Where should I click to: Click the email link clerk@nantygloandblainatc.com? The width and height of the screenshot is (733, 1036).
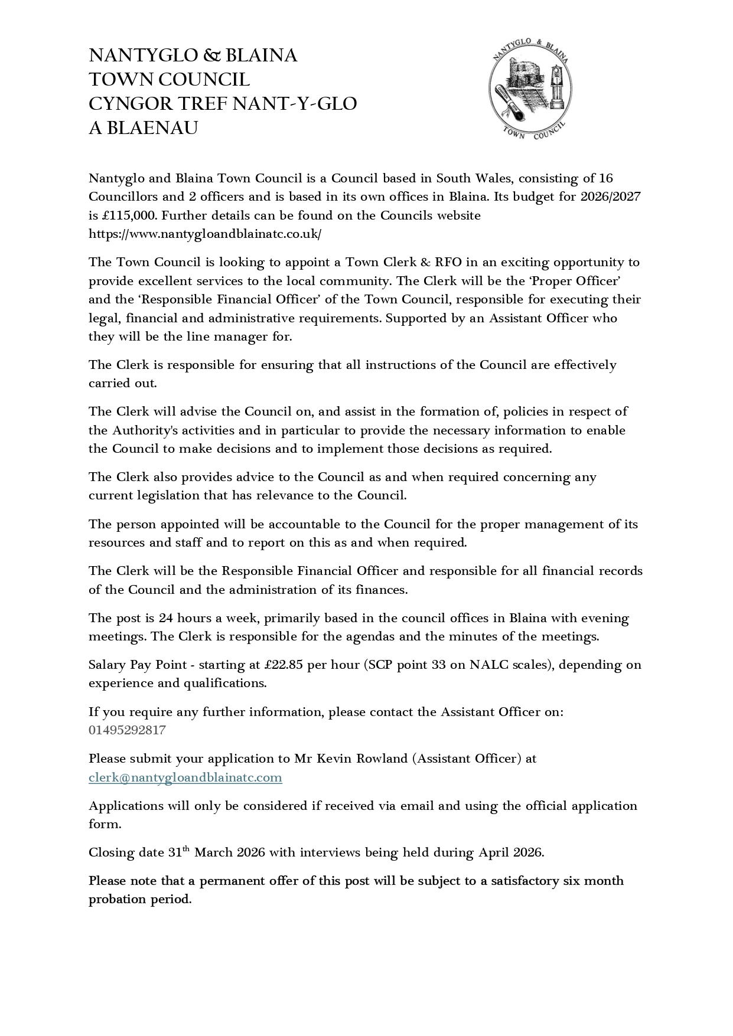[185, 777]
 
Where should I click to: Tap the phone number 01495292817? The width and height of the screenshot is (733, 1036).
[127, 730]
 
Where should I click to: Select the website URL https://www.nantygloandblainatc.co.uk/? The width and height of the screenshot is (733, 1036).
[205, 234]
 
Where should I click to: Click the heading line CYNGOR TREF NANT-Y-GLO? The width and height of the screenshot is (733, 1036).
[223, 104]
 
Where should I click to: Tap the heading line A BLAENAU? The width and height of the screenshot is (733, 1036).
[143, 128]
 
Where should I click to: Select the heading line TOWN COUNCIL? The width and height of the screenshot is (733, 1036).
[169, 80]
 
